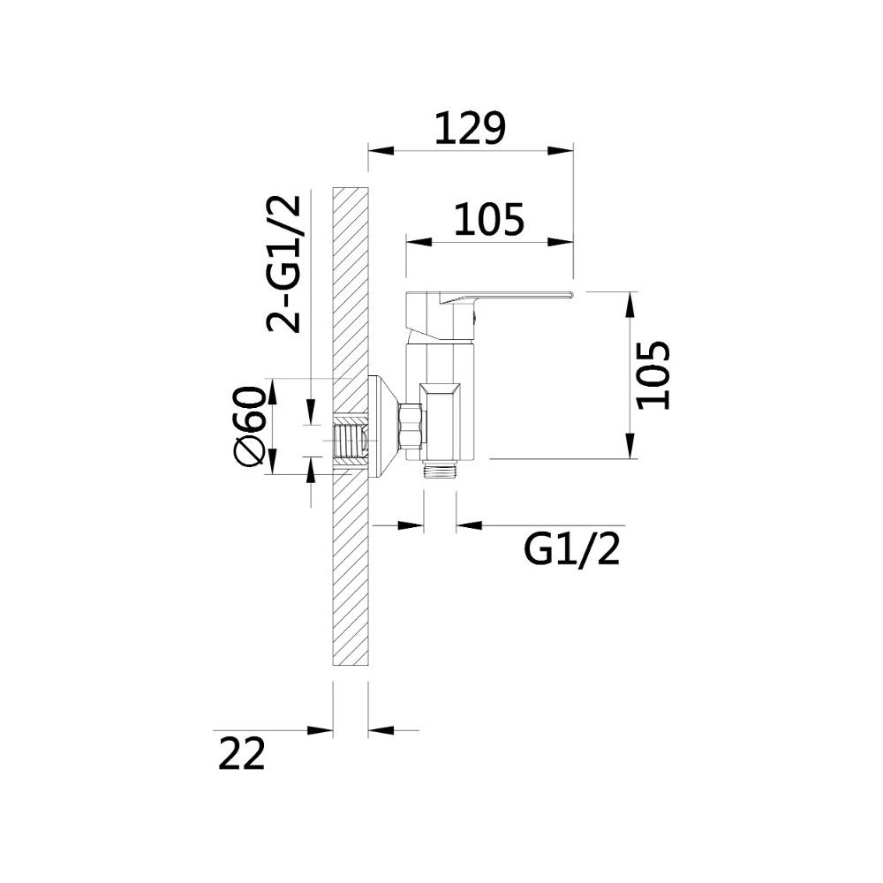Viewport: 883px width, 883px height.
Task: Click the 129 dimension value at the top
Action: pyautogui.click(x=471, y=128)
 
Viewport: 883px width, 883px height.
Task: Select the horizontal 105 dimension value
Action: pyautogui.click(x=489, y=219)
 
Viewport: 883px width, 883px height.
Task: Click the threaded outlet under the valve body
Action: pyautogui.click(x=440, y=469)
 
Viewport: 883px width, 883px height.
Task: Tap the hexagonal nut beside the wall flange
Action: pyautogui.click(x=411, y=426)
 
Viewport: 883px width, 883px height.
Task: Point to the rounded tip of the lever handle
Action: pyautogui.click(x=570, y=294)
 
